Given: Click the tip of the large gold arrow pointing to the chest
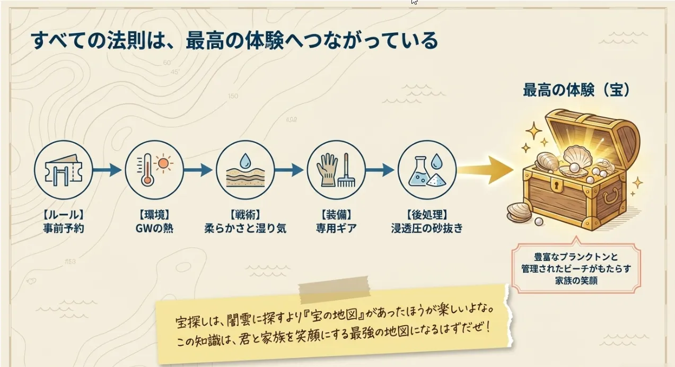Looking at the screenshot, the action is [x=514, y=170].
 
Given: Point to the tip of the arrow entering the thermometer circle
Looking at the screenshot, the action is [x=122, y=170].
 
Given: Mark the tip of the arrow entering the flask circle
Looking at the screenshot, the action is [x=394, y=170].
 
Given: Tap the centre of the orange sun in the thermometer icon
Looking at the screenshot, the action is [x=163, y=164].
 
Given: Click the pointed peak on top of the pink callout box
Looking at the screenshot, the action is [x=576, y=237].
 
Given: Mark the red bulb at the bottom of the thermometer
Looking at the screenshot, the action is [x=147, y=180].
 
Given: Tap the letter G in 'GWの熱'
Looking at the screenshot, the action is [x=139, y=228].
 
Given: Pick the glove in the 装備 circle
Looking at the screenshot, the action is [x=327, y=170].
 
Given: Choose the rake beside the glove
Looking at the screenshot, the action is [x=346, y=170].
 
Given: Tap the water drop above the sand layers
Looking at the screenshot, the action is [x=245, y=161].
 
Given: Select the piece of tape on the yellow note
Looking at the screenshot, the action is [x=334, y=289].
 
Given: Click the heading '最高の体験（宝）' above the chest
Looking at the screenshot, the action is [x=576, y=90].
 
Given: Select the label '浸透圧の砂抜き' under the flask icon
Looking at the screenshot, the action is [x=427, y=228].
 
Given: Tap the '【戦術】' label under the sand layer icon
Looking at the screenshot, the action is [x=245, y=215].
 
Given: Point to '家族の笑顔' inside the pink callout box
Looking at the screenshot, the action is [x=576, y=281].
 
